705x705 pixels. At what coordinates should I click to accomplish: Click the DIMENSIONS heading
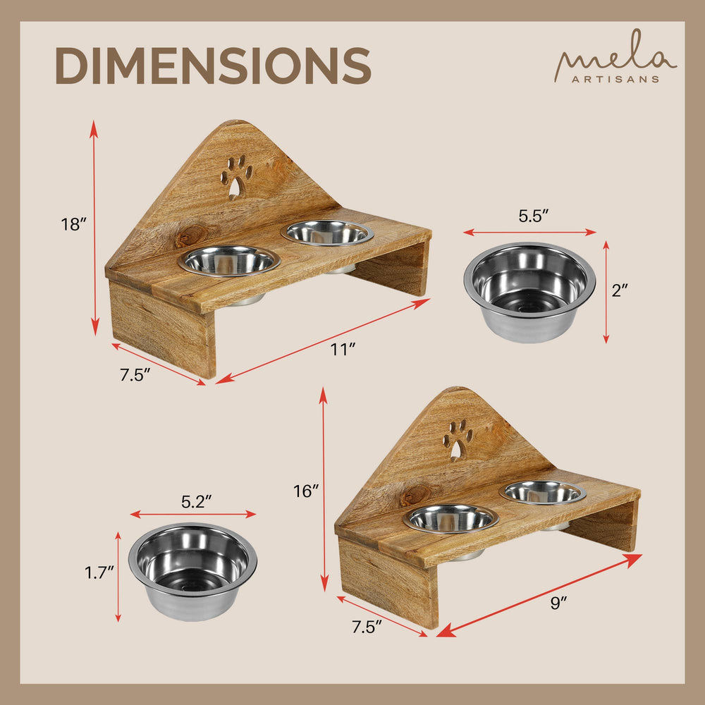pos(213,66)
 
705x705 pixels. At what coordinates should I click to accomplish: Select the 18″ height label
pos(73,224)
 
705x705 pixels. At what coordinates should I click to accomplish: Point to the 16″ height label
pos(306,491)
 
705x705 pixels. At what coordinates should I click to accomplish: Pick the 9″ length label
pos(558,603)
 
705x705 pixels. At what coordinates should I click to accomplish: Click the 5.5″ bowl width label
pos(534,216)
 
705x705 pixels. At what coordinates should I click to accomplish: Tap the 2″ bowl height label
pos(619,291)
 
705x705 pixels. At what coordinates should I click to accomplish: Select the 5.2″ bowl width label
pos(196,502)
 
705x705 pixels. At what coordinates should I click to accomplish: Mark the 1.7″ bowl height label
pos(99,572)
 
